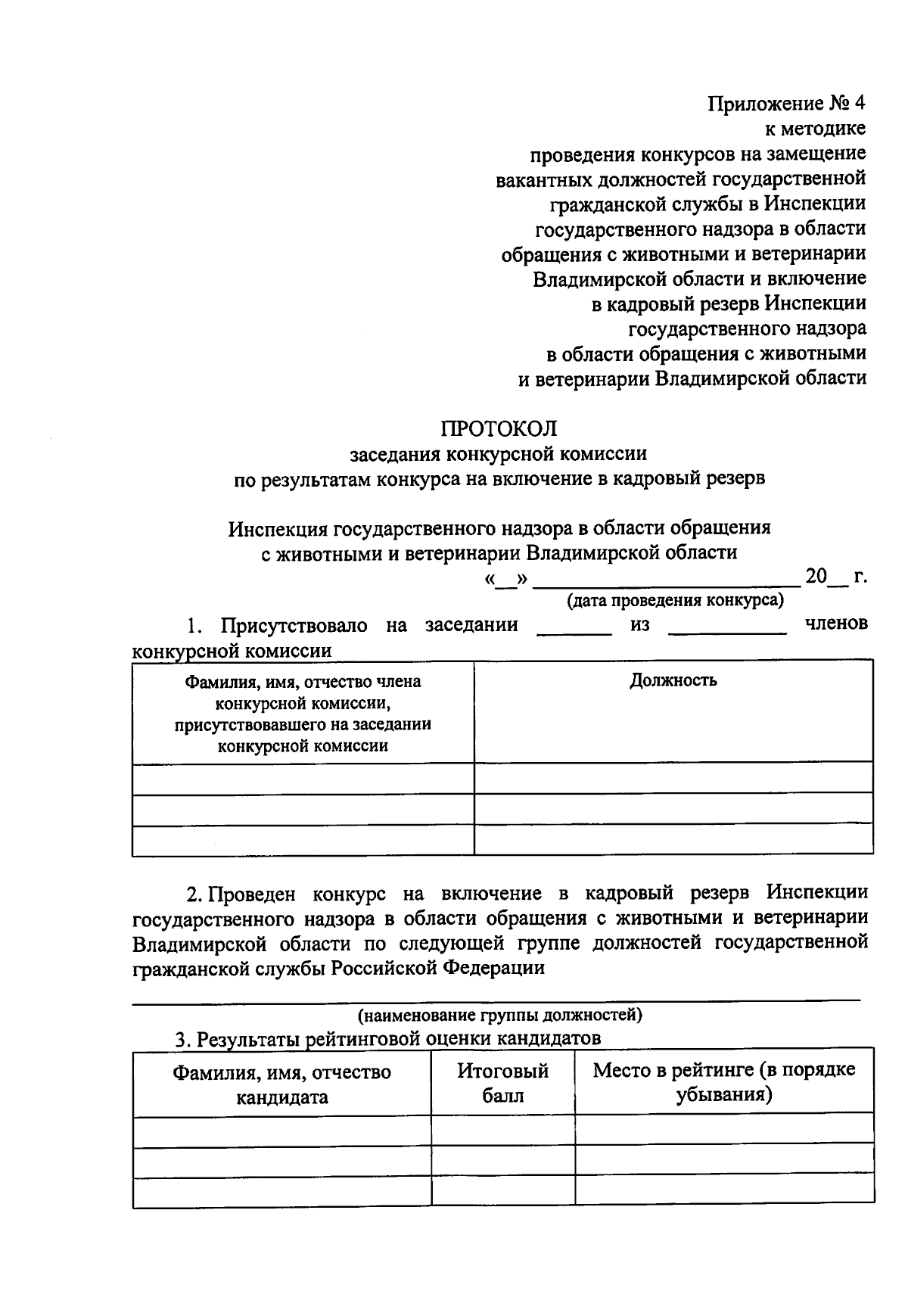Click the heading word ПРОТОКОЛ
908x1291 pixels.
point(499,429)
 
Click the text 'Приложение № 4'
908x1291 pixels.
point(786,104)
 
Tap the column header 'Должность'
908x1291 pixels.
point(673,680)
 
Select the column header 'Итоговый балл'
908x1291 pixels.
point(502,1083)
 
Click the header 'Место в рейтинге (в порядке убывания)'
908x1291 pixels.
point(724,1082)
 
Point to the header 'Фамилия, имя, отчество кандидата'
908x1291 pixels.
point(282,1084)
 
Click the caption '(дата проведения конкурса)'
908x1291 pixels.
point(675,601)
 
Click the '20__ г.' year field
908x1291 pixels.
point(835,577)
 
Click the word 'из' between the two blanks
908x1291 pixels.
point(639,625)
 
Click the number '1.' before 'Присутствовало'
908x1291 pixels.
point(195,626)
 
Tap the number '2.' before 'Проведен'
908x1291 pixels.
point(194,894)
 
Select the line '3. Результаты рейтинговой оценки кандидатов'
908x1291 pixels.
point(387,1039)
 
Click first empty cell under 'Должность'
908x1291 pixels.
point(673,778)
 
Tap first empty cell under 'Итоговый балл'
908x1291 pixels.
point(502,1128)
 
